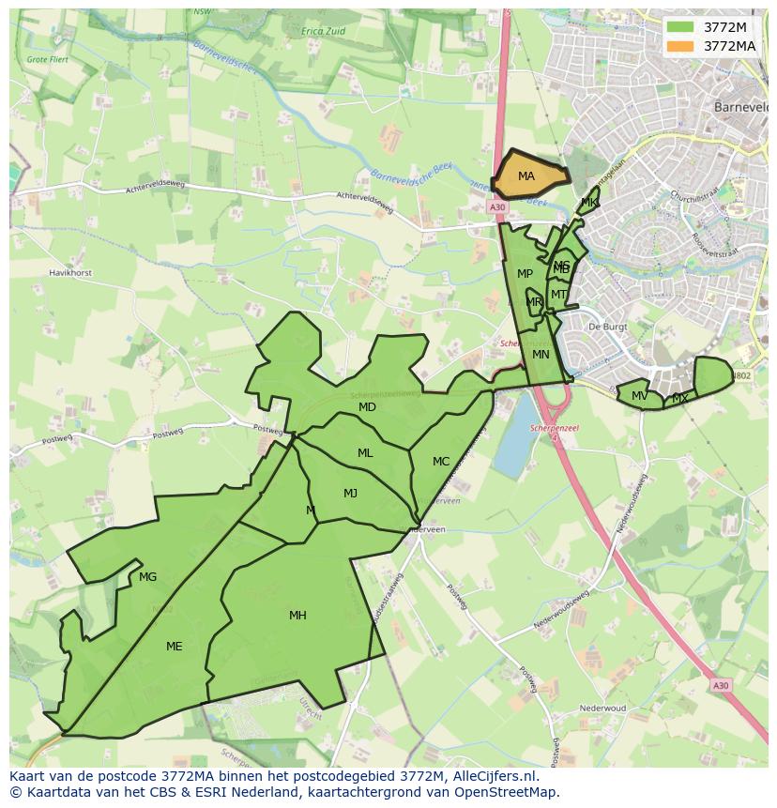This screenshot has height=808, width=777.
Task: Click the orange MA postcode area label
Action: click(x=526, y=176)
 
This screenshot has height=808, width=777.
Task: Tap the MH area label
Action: click(x=297, y=616)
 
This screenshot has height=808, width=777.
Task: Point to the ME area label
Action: click(x=174, y=646)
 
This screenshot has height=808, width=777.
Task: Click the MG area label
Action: click(x=147, y=577)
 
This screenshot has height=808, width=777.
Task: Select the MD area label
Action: click(x=367, y=407)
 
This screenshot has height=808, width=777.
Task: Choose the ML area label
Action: click(x=365, y=453)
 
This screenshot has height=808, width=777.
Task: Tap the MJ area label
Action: click(x=350, y=494)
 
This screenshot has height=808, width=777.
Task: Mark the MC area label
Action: click(x=441, y=461)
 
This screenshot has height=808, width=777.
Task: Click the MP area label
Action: click(x=525, y=274)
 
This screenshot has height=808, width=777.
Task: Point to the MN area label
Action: click(x=541, y=355)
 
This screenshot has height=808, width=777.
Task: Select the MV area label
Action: click(x=639, y=396)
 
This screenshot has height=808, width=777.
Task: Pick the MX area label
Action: click(x=680, y=399)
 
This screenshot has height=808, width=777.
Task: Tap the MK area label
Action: click(x=588, y=203)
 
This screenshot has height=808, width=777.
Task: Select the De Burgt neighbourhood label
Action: click(x=606, y=327)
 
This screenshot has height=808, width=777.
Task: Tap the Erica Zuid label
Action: click(x=323, y=31)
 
